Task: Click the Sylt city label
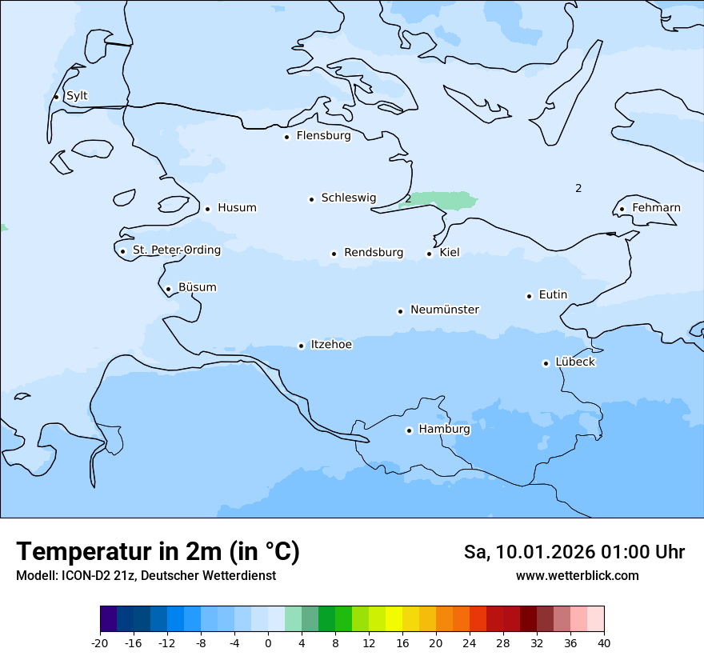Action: tap(77, 96)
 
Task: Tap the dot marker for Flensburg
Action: tap(286, 137)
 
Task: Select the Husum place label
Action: tap(237, 208)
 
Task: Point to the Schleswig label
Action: tap(348, 198)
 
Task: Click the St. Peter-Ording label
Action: tap(176, 250)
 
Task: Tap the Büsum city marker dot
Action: tap(168, 289)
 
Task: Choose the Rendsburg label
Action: tap(374, 253)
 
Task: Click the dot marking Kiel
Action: tap(430, 254)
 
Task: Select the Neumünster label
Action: tap(445, 310)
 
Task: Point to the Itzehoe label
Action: tap(331, 345)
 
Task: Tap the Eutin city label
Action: tap(553, 295)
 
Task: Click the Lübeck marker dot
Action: tap(546, 363)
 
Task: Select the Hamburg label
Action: tap(444, 430)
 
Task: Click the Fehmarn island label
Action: tap(656, 208)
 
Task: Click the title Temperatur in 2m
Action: tap(158, 551)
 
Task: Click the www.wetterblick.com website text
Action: tap(577, 576)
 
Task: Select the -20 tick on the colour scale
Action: tap(100, 642)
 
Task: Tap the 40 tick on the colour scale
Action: tap(604, 642)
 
